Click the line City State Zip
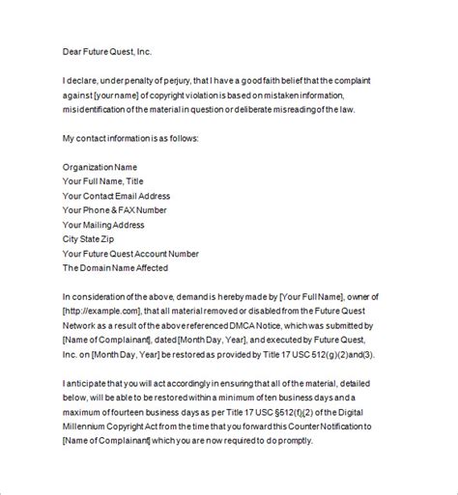(x=93, y=238)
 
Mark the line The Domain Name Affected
(x=115, y=267)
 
